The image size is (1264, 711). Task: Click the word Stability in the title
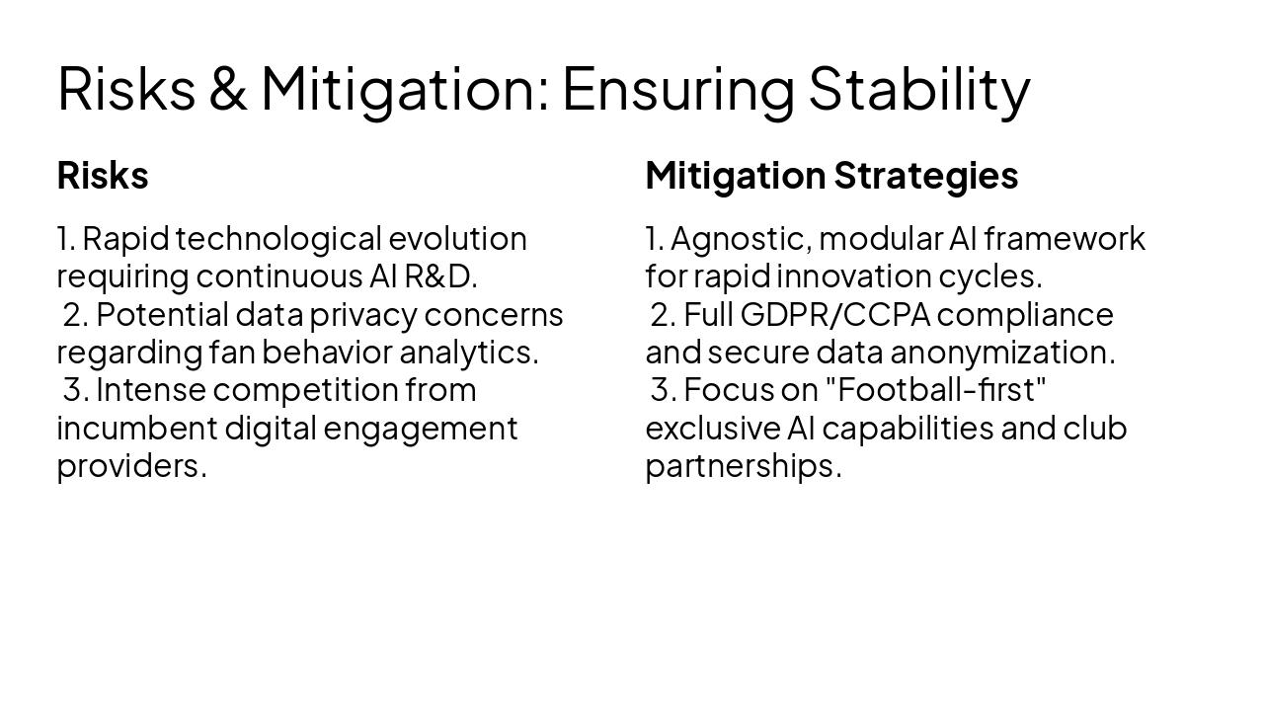point(918,88)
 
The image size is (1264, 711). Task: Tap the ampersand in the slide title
point(227,88)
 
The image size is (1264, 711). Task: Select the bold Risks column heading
point(103,176)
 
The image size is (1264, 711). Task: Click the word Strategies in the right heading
point(925,176)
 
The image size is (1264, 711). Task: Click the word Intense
point(150,390)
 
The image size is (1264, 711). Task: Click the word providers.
point(130,466)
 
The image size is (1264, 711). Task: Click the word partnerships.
point(742,466)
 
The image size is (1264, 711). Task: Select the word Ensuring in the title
point(677,88)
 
